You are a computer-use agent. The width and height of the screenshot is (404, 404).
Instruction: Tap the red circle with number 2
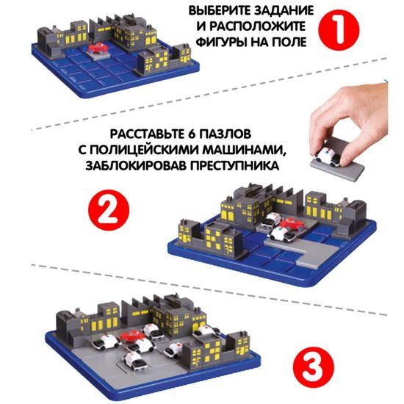[x=115, y=208]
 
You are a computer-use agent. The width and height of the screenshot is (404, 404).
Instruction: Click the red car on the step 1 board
[x=97, y=48]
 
